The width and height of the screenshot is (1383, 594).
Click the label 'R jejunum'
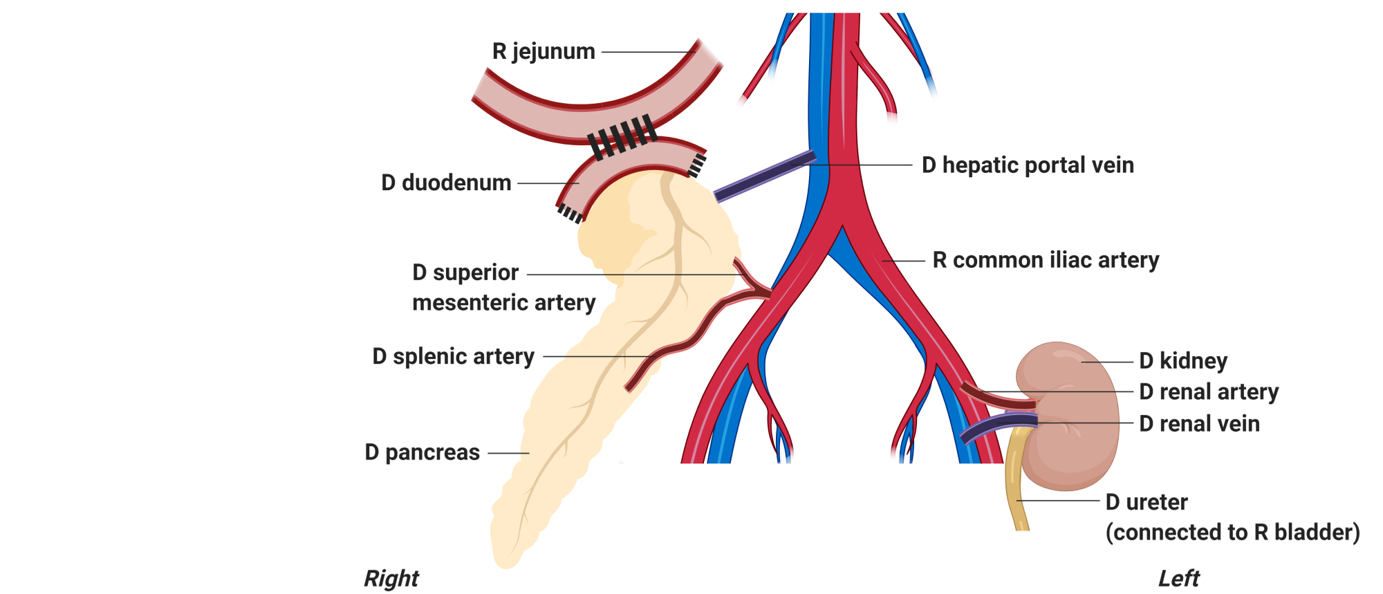pyautogui.click(x=544, y=52)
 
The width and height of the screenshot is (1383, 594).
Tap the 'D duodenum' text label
pyautogui.click(x=446, y=183)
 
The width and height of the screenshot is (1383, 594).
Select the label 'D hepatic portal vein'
pyautogui.click(x=1028, y=166)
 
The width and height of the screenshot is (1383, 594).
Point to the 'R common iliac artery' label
pyautogui.click(x=1046, y=261)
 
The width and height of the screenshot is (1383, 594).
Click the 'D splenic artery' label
pyautogui.click(x=453, y=357)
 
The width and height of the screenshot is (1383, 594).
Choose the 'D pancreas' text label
pyautogui.click(x=422, y=453)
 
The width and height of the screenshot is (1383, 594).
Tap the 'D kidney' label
pyautogui.click(x=1183, y=361)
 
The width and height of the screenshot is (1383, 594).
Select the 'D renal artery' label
pyautogui.click(x=1209, y=392)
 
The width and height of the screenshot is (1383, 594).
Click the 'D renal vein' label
pyautogui.click(x=1199, y=424)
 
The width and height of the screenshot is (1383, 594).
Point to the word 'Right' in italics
pyautogui.click(x=391, y=579)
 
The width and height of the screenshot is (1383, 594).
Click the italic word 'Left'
pyautogui.click(x=1178, y=579)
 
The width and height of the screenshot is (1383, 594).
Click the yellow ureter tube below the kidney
pyautogui.click(x=1015, y=484)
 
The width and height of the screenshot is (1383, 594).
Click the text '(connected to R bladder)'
pyautogui.click(x=1232, y=532)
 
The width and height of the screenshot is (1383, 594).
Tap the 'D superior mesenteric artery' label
pyautogui.click(x=503, y=288)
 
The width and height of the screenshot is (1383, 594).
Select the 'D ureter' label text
pyautogui.click(x=1146, y=502)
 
